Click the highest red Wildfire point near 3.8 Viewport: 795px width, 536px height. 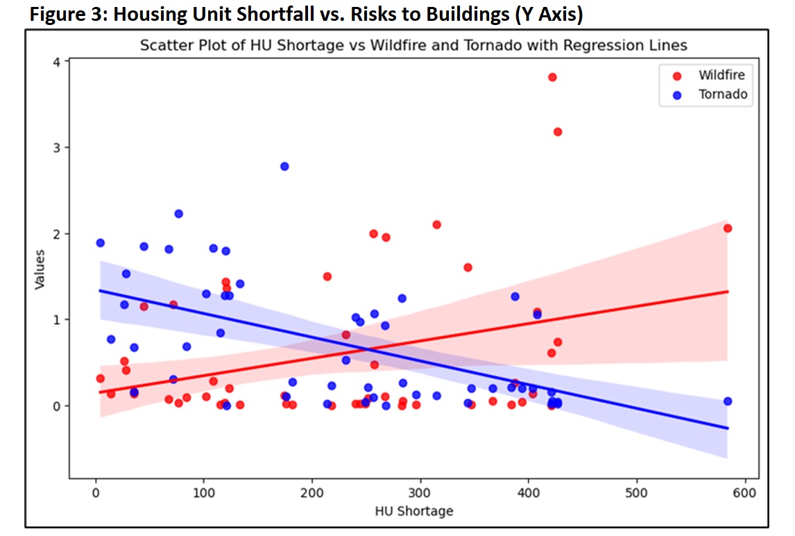[x=552, y=77]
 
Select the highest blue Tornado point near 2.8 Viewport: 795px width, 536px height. [x=284, y=167]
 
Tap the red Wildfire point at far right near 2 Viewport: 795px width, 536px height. [x=727, y=228]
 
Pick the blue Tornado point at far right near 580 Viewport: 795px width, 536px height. [x=727, y=401]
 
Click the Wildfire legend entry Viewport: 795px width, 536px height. [x=721, y=75]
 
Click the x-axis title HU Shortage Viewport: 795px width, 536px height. [x=413, y=511]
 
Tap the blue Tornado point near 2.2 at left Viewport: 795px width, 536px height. [x=178, y=214]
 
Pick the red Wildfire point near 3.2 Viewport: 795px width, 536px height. [x=558, y=132]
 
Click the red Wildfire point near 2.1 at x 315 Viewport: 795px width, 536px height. [x=436, y=225]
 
